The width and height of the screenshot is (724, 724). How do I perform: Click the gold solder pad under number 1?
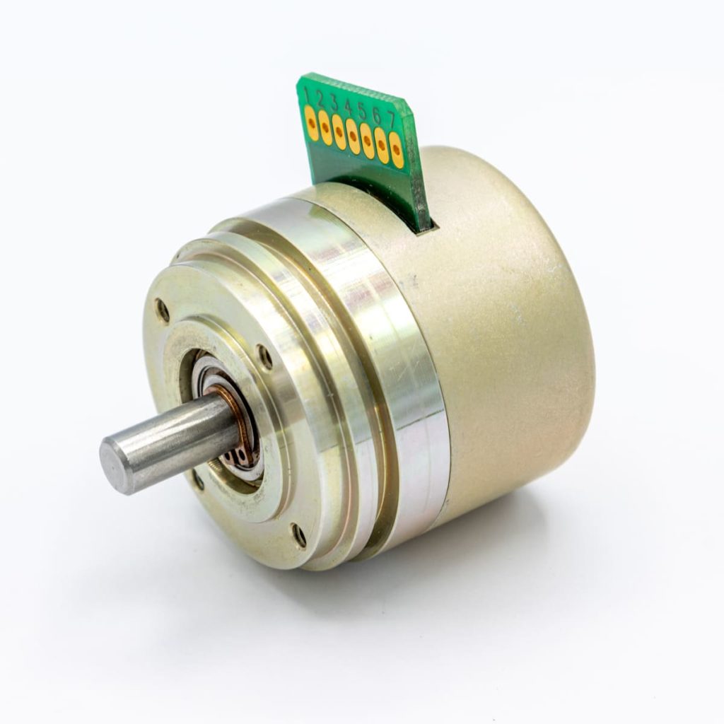311,122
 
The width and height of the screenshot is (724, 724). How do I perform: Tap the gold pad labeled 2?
325,127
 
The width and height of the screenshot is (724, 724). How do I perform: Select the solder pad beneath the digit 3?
339,132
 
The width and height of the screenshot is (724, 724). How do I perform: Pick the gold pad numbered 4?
354,137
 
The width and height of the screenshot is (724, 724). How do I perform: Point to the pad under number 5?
368,141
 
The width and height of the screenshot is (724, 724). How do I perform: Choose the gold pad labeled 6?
382,146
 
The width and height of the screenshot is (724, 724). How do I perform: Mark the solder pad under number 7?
397,151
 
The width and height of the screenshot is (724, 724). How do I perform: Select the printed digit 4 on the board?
348,107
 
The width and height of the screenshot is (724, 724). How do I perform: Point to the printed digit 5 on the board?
362,111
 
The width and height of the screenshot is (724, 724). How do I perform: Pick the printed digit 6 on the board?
376,115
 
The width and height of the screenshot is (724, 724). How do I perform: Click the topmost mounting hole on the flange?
162,310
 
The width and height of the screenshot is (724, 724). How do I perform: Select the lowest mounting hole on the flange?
300,535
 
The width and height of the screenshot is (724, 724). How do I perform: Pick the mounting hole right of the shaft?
264,357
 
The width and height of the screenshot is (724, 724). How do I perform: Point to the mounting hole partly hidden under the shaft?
199,481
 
